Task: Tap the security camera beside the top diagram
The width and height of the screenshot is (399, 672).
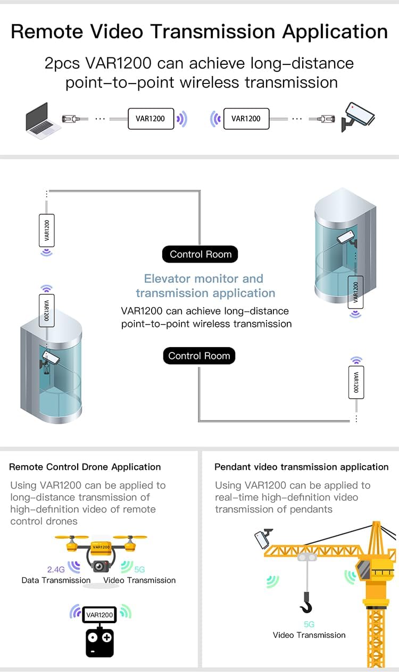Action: coord(358,117)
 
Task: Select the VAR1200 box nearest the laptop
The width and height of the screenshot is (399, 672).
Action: coord(151,119)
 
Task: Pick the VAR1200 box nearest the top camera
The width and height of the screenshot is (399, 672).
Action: coord(246,119)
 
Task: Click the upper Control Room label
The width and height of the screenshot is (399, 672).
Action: coord(200,255)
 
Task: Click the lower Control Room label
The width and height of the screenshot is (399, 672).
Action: coord(199,356)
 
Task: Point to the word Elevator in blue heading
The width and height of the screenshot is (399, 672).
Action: coord(167,279)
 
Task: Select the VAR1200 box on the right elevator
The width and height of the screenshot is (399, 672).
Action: coord(355,292)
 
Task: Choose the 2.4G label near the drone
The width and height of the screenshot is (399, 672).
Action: coord(56,569)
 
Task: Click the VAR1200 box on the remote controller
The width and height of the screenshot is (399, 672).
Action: coord(99,615)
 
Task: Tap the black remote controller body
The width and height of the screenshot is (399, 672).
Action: coord(99,642)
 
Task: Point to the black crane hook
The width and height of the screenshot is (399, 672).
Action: coord(306,602)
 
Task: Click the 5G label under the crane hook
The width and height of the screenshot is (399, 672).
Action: coord(309,624)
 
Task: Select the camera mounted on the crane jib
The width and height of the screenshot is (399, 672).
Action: coord(263,538)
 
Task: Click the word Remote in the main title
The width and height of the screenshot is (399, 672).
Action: coord(47,32)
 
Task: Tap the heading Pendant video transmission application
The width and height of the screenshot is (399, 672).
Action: coord(302,467)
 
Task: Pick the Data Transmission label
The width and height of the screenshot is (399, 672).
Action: coord(56,580)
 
